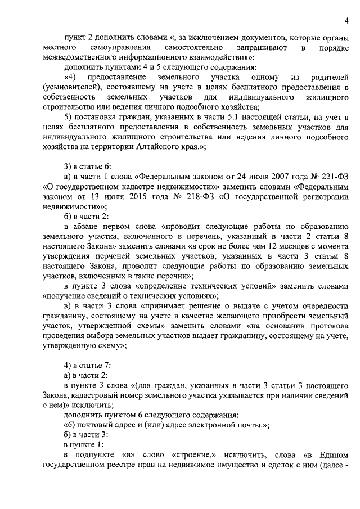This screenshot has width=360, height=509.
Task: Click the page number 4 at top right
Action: click(x=346, y=21)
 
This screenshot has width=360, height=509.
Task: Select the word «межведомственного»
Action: click(x=78, y=58)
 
